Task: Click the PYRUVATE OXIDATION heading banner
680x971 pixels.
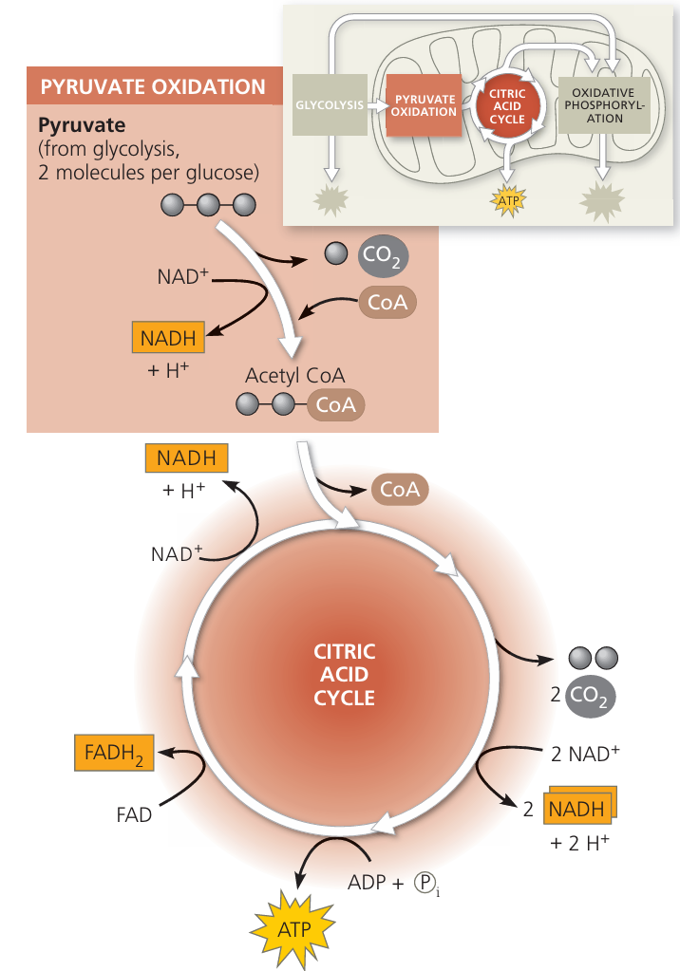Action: pyautogui.click(x=152, y=88)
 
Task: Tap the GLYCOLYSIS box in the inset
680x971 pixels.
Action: pyautogui.click(x=330, y=104)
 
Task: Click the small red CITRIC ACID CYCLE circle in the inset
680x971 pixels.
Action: pyautogui.click(x=508, y=105)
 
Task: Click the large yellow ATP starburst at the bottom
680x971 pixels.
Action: pyautogui.click(x=294, y=926)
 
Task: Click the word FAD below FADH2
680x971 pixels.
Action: pyautogui.click(x=134, y=814)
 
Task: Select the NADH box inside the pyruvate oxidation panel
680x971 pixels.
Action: pyautogui.click(x=167, y=337)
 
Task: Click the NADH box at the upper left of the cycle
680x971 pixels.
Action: pyautogui.click(x=186, y=458)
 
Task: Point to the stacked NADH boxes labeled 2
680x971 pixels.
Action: pyautogui.click(x=577, y=809)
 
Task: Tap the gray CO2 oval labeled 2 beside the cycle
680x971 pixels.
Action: pyautogui.click(x=590, y=695)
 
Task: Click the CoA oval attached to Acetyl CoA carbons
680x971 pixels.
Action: pyautogui.click(x=335, y=405)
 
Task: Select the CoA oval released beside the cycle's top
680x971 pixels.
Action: pyautogui.click(x=400, y=490)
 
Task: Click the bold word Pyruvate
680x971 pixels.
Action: pyautogui.click(x=82, y=124)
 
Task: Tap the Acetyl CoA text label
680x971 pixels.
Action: pyautogui.click(x=294, y=375)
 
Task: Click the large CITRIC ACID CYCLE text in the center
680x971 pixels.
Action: pyautogui.click(x=345, y=675)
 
